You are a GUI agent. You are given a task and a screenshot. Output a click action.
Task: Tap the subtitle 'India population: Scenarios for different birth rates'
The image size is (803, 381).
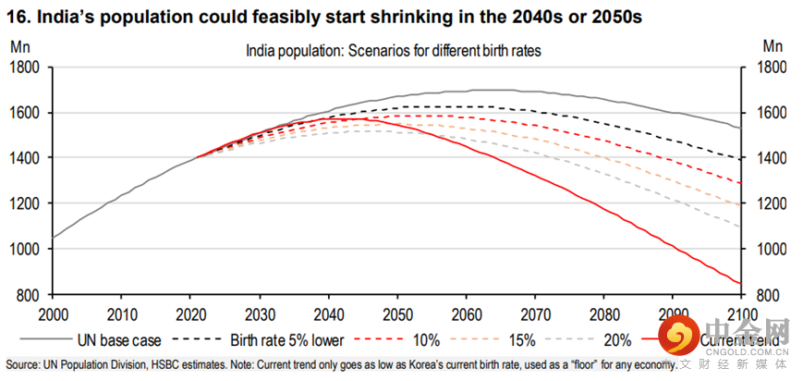pyautogui.click(x=393, y=51)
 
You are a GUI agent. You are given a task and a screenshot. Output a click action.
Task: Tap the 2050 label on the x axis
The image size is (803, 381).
pyautogui.click(x=398, y=313)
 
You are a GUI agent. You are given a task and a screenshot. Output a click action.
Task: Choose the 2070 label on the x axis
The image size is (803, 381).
pyautogui.click(x=535, y=313)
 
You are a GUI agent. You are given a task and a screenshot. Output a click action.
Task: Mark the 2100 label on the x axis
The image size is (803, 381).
pyautogui.click(x=740, y=313)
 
